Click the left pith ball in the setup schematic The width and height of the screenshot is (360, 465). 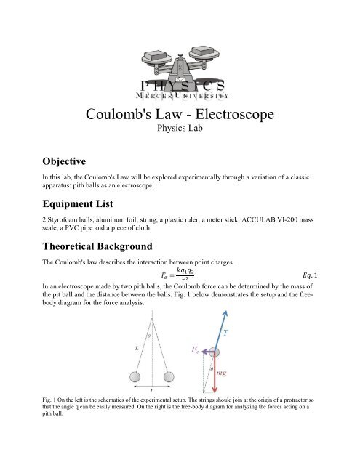[x=133, y=398]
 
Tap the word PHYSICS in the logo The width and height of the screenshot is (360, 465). [x=180, y=85]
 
